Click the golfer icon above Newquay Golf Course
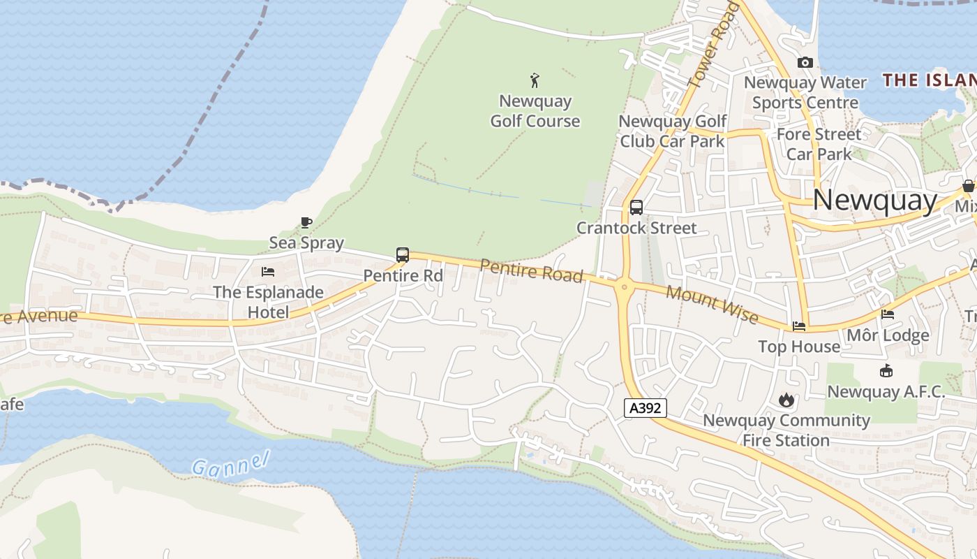pos(535,80)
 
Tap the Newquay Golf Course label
pos(535,111)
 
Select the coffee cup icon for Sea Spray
pos(306,223)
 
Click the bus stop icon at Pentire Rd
pos(403,255)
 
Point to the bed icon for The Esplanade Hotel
pos(268,272)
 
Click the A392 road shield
pos(645,408)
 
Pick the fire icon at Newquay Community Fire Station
pos(786,400)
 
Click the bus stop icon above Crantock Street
pos(636,208)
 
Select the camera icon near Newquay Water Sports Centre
pos(805,63)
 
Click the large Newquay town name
pos(875,201)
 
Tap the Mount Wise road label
pos(712,304)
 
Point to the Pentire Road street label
pos(532,270)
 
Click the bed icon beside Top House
pos(799,326)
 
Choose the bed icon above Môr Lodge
pos(888,314)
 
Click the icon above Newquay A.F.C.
pos(886,371)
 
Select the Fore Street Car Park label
pos(819,143)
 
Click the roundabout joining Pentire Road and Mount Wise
pos(624,286)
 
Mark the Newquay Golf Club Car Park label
pos(673,131)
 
